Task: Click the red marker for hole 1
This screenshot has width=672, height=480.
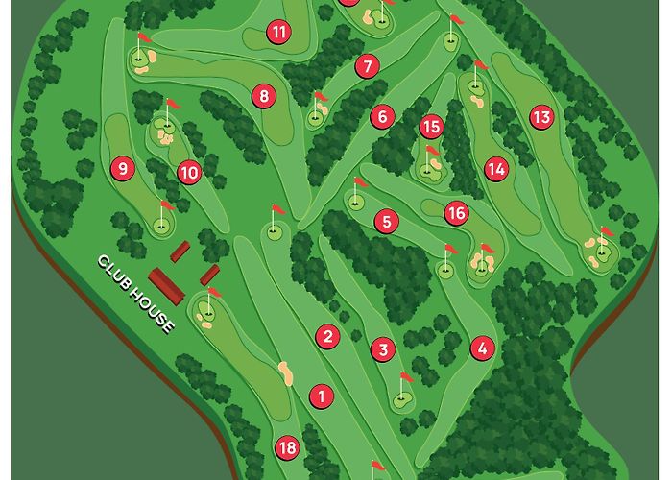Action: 321,395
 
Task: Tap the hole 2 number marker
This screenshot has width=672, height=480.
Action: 328,336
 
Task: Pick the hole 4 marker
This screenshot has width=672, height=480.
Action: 482,348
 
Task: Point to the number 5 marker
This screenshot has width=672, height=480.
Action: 387,222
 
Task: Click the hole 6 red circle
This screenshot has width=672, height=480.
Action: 382,117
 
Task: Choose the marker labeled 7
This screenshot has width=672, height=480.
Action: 367,66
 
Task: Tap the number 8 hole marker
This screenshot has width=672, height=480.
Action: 263,95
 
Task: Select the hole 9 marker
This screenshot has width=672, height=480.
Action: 122,169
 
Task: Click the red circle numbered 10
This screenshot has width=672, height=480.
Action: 189,173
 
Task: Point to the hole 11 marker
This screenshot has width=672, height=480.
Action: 279,33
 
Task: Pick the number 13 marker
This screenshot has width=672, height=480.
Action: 541,117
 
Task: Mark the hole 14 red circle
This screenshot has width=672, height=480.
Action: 495,169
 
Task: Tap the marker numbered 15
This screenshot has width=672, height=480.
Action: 431,126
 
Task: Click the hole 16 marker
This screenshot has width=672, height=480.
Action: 456,212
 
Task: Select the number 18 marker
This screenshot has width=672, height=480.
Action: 287,447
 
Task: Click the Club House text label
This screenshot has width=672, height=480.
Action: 137,294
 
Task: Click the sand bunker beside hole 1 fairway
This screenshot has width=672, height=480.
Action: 284,372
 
